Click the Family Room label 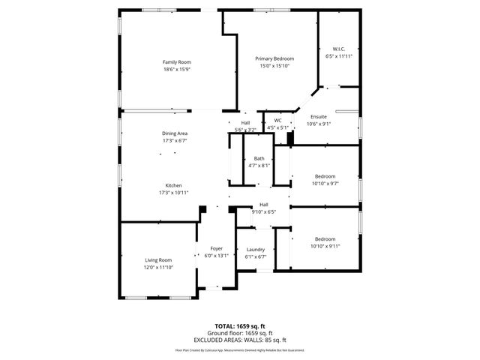pos(177,61)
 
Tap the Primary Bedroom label pos(274,58)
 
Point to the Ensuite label pos(319,117)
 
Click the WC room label pos(277,120)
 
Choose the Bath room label pos(259,158)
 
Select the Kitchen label pos(173,185)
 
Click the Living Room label pos(158,259)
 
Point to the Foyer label pos(216,248)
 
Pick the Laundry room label pos(255,250)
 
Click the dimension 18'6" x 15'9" pos(177,69)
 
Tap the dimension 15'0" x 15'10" pos(274,66)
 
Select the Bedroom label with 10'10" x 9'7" pos(325,176)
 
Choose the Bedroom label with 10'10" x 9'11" pos(325,238)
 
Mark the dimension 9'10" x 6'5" pos(264,211)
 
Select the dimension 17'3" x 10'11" pos(173,193)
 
